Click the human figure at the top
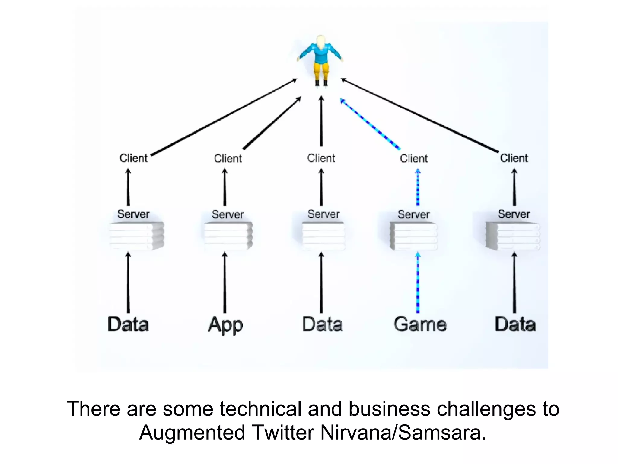pyautogui.click(x=321, y=60)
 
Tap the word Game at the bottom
pyautogui.click(x=420, y=324)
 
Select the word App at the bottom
pyautogui.click(x=225, y=325)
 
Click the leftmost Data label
pyautogui.click(x=128, y=324)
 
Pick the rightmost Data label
pyautogui.click(x=515, y=324)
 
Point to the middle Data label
pyautogui.click(x=322, y=324)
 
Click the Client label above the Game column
pyautogui.click(x=414, y=158)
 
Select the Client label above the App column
pyautogui.click(x=228, y=158)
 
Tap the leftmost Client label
pyautogui.click(x=133, y=158)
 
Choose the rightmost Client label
pyautogui.click(x=514, y=158)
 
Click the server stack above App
pyautogui.click(x=228, y=236)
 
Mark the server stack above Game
pyautogui.click(x=414, y=236)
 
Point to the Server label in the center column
pyautogui.click(x=323, y=214)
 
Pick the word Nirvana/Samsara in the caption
pyautogui.click(x=403, y=433)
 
